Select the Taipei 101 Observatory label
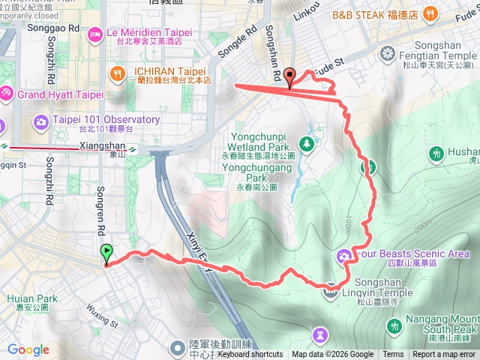(x=105, y=120)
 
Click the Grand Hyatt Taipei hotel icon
(x=6, y=94)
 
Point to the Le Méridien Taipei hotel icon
(x=96, y=33)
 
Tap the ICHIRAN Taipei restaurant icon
(x=117, y=73)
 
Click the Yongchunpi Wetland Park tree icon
(x=305, y=142)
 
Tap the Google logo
(x=28, y=349)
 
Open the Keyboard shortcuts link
(x=250, y=355)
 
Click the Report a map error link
(x=444, y=355)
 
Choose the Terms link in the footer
(x=393, y=355)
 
